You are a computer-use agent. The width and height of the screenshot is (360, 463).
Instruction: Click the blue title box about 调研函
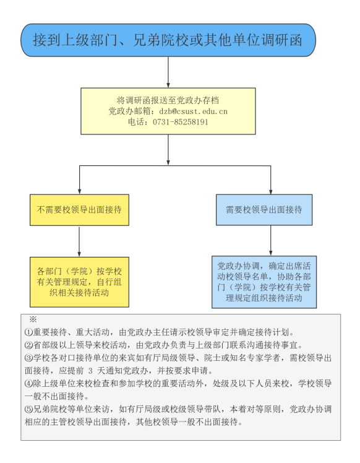(x=168, y=41)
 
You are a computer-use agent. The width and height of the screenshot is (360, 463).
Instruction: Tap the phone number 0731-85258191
(x=184, y=122)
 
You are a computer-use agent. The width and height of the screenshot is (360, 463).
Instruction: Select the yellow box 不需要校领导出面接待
(x=79, y=210)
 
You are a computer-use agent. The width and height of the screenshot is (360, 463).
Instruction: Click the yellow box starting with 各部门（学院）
(x=79, y=282)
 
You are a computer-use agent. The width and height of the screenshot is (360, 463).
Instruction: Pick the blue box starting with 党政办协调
(x=264, y=282)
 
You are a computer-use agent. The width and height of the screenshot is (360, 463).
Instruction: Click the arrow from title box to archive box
(x=168, y=72)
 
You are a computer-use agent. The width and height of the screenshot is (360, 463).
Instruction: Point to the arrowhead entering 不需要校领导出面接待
(x=79, y=191)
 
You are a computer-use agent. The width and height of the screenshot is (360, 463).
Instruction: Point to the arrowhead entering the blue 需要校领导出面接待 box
(x=271, y=191)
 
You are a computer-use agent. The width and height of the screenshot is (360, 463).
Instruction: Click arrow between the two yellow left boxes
(x=79, y=241)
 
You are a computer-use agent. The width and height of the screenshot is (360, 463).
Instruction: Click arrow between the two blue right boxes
(x=271, y=241)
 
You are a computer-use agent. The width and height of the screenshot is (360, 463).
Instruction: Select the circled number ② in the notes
(x=28, y=345)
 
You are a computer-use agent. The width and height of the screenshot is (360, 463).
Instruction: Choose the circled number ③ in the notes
(x=28, y=358)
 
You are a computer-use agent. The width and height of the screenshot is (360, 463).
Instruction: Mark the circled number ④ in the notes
(x=28, y=384)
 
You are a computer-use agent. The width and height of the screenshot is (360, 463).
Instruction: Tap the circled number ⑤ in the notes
(x=28, y=410)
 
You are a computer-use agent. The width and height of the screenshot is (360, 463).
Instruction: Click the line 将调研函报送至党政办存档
(x=168, y=100)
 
